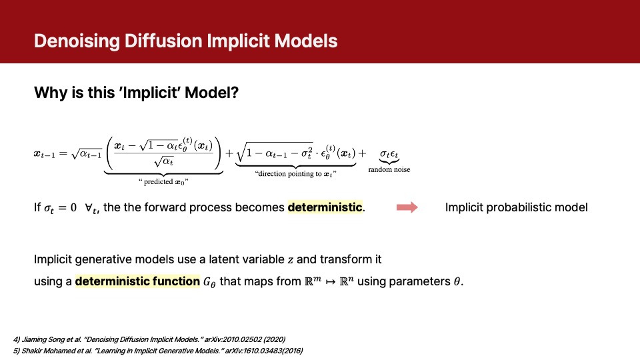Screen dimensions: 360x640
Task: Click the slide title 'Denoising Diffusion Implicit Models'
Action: coord(185,41)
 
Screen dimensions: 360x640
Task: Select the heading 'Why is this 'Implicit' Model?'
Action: coord(136,93)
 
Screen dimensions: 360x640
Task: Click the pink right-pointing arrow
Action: coord(407,207)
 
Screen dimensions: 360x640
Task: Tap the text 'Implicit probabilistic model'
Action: coord(516,207)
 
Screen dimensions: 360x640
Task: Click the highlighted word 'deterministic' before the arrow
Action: coord(325,207)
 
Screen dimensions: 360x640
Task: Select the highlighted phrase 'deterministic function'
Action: coord(137,281)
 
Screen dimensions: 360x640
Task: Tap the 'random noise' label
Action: coord(389,170)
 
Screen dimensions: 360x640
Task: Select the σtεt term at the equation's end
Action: coord(389,153)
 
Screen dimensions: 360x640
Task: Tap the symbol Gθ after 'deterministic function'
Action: coord(209,282)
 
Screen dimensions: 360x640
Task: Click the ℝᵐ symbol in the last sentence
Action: coord(314,281)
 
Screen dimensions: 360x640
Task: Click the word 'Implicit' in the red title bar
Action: coord(245,41)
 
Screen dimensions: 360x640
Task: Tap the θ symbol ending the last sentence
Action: coord(457,281)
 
